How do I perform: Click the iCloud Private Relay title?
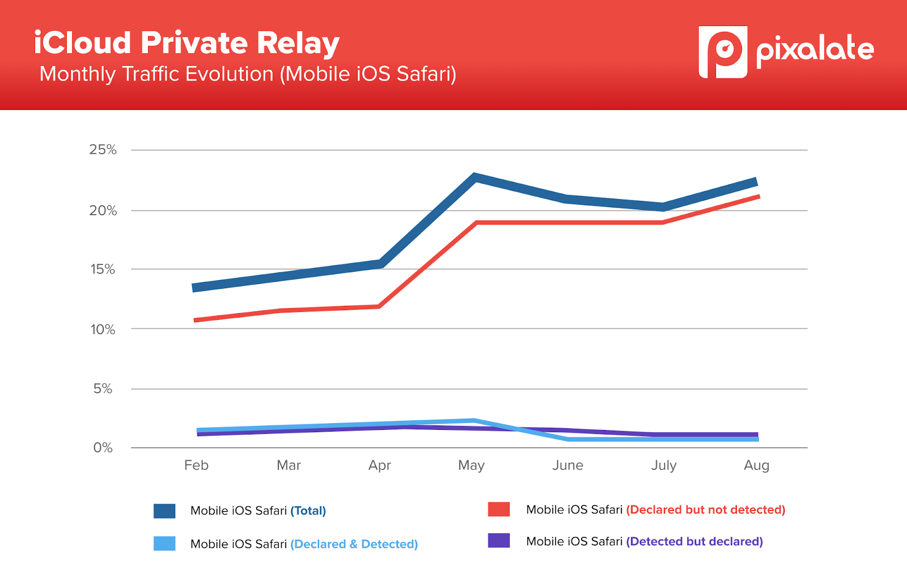[187, 43]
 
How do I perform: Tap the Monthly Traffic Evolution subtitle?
[248, 74]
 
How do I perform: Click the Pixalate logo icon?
[723, 52]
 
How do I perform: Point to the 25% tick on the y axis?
[103, 150]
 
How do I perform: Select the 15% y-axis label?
[103, 269]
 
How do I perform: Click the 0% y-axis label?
[103, 448]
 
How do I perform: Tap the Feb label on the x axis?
[196, 466]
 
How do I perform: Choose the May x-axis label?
[471, 466]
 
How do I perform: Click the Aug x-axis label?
[756, 466]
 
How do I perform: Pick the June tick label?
[567, 466]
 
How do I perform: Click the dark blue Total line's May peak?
[475, 178]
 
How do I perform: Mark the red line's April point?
[379, 306]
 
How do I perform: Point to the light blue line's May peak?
[474, 421]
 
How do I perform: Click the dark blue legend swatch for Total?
[164, 511]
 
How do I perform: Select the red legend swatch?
[499, 509]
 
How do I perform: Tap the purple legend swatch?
[499, 541]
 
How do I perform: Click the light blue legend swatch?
[164, 543]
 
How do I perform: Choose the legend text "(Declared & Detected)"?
[354, 545]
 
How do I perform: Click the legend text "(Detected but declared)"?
[694, 542]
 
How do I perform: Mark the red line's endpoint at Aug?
[758, 196]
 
